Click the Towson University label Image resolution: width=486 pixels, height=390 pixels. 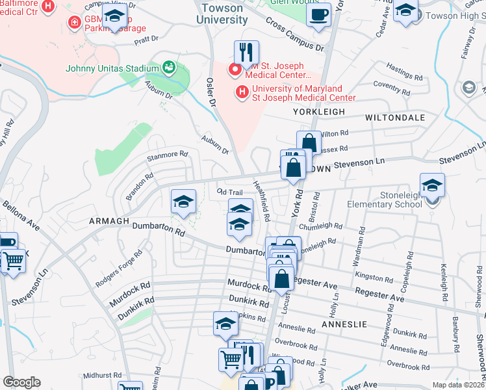click(224, 14)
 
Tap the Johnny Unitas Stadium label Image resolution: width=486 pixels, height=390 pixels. click(112, 68)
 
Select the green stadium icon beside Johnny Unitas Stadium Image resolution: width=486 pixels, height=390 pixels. click(169, 66)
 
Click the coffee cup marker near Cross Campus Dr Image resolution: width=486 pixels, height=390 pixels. click(318, 15)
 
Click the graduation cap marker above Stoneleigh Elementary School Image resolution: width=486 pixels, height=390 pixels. click(432, 185)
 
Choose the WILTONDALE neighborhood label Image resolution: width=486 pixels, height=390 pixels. click(395, 118)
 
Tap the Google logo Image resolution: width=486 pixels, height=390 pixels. click(21, 382)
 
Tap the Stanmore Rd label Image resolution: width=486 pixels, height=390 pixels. click(167, 155)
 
